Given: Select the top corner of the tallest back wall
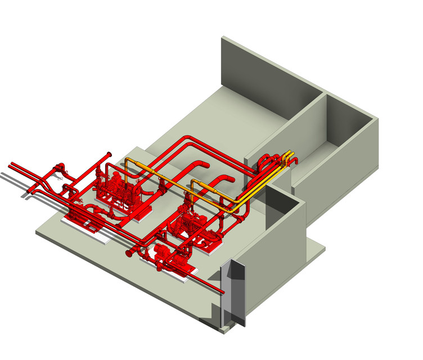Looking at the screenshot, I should point(223,38).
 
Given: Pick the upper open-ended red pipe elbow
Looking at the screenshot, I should point(205,165).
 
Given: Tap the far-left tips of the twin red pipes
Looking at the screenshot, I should point(11,165).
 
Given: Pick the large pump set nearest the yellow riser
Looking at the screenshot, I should point(115,186).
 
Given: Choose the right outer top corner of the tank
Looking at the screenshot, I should point(377,119).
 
